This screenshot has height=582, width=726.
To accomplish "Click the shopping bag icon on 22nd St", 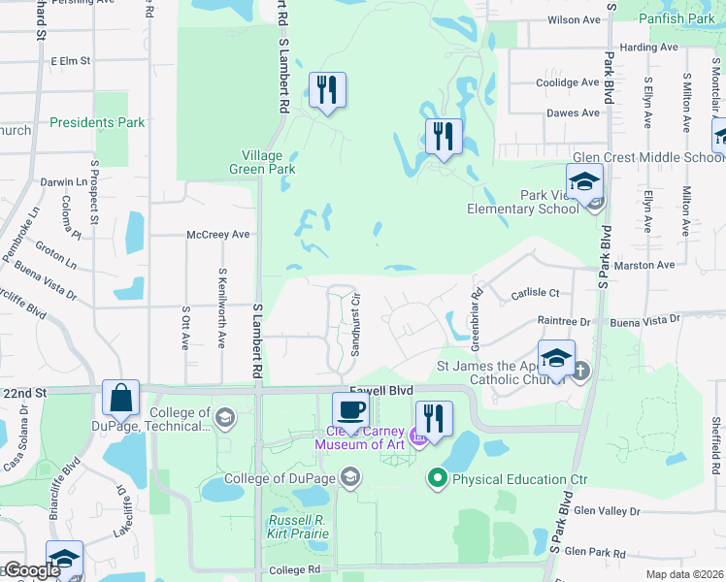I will pyautogui.click(x=120, y=398).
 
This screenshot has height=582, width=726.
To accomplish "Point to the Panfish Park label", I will pyautogui.click(x=676, y=18).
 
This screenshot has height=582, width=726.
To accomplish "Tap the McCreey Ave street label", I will pyautogui.click(x=218, y=235).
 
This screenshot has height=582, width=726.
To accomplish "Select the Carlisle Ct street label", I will pyautogui.click(x=536, y=292).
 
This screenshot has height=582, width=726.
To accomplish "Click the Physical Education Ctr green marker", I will pyautogui.click(x=437, y=478).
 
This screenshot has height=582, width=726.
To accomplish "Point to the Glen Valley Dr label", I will pyautogui.click(x=608, y=510).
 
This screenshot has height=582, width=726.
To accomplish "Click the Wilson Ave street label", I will pyautogui.click(x=575, y=19).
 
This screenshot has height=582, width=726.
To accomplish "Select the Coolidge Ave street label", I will pyautogui.click(x=569, y=82).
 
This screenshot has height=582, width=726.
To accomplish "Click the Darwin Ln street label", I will pyautogui.click(x=64, y=181).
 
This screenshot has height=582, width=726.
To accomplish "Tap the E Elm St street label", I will pyautogui.click(x=70, y=60).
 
